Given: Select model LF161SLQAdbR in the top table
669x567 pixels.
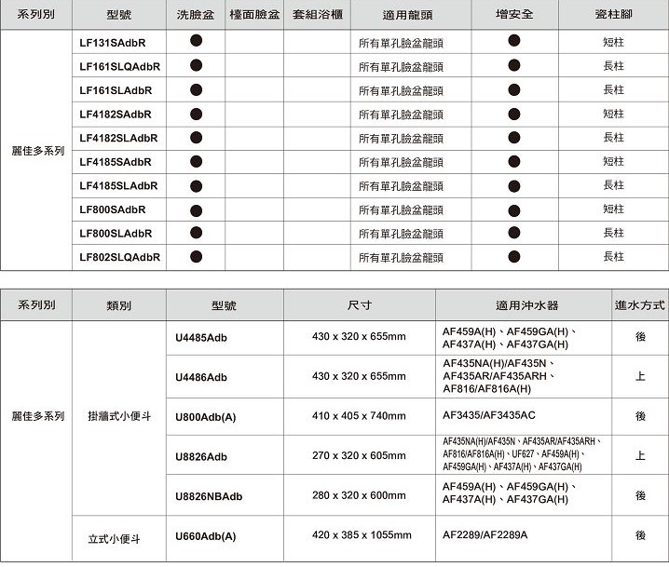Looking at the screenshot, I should pyautogui.click(x=120, y=67).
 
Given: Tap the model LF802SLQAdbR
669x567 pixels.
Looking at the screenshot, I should pyautogui.click(x=120, y=257).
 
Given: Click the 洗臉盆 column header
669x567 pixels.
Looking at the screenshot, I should pyautogui.click(x=196, y=16).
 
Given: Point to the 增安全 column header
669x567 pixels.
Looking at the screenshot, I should pyautogui.click(x=514, y=16).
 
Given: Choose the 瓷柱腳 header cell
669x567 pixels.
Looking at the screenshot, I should pyautogui.click(x=613, y=16).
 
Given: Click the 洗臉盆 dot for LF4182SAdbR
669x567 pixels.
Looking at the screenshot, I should pyautogui.click(x=196, y=115).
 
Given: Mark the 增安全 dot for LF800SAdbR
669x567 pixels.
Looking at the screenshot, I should pyautogui.click(x=514, y=209).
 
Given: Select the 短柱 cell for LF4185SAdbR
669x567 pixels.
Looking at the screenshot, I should pyautogui.click(x=613, y=162).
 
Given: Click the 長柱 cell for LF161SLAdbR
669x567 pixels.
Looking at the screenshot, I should pyautogui.click(x=613, y=90).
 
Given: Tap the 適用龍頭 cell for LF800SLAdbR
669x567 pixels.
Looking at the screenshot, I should pyautogui.click(x=401, y=234).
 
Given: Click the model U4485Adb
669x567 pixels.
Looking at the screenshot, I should pyautogui.click(x=201, y=337).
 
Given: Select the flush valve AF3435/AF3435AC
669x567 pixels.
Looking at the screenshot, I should pyautogui.click(x=489, y=415).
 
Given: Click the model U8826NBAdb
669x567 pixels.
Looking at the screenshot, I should pyautogui.click(x=209, y=496).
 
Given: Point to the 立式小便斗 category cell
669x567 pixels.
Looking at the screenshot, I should pyautogui.click(x=114, y=537).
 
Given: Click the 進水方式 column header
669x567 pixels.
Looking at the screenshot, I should pyautogui.click(x=640, y=304).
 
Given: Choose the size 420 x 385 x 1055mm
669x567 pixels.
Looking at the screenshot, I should pyautogui.click(x=362, y=535).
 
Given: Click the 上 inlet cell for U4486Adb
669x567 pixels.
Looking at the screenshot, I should pyautogui.click(x=640, y=376).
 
